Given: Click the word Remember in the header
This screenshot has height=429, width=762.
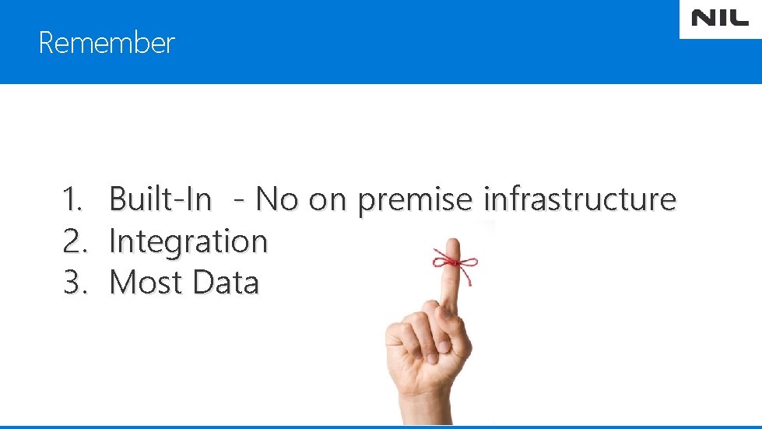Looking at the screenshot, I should pyautogui.click(x=107, y=43).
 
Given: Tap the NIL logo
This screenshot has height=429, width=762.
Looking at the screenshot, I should pyautogui.click(x=720, y=19).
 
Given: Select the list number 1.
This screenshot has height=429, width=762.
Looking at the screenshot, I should pyautogui.click(x=72, y=200).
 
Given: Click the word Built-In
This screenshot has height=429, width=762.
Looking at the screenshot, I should pyautogui.click(x=160, y=200).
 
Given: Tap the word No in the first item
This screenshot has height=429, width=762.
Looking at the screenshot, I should pyautogui.click(x=277, y=200).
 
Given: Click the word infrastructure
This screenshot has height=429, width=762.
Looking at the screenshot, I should pyautogui.click(x=580, y=200).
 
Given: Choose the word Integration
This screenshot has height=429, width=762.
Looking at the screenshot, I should pyautogui.click(x=188, y=241).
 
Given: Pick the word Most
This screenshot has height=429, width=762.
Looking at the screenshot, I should pyautogui.click(x=147, y=282).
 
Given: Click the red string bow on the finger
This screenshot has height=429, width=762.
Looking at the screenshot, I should pyautogui.click(x=455, y=259).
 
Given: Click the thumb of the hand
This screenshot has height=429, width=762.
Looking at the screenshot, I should pyautogui.click(x=399, y=343).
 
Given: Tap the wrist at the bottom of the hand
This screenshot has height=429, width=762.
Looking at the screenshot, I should pyautogui.click(x=424, y=409).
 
